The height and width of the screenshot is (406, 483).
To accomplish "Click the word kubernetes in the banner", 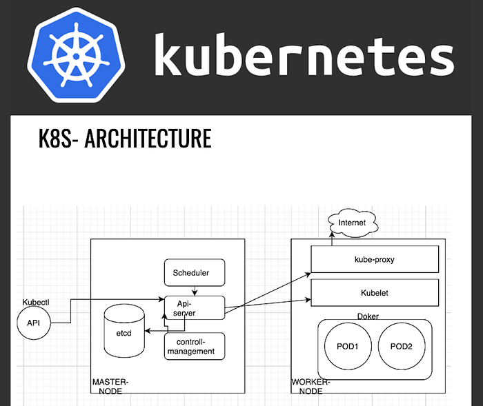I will click(x=304, y=54).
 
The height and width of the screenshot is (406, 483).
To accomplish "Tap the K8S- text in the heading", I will click(x=59, y=139).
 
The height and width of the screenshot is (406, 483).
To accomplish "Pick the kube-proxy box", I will click(x=375, y=260).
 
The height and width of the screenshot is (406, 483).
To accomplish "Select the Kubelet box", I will click(x=375, y=293).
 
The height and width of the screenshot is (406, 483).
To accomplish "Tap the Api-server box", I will click(x=194, y=307).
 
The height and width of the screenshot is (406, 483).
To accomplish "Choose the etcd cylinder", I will click(x=124, y=331).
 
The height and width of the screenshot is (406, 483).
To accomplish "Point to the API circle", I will click(x=34, y=323).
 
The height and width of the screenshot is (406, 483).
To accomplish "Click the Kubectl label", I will click(x=36, y=303).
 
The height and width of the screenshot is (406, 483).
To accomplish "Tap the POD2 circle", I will click(x=401, y=347).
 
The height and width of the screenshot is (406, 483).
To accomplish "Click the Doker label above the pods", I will click(x=368, y=316).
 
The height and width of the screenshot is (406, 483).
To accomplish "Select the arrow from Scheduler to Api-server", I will click(x=195, y=291).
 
